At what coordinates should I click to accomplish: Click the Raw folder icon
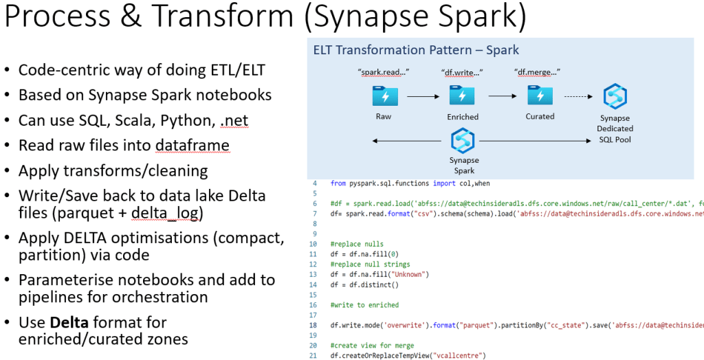(x=384, y=95)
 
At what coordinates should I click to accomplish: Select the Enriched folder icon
(x=462, y=95)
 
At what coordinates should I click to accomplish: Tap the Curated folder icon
(x=540, y=95)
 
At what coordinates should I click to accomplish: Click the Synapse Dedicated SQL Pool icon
(x=615, y=96)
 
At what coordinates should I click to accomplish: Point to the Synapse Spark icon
(x=464, y=142)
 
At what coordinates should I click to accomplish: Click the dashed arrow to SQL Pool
(x=579, y=97)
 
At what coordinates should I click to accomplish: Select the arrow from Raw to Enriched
(x=422, y=97)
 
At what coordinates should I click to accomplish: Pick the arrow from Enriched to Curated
(x=502, y=97)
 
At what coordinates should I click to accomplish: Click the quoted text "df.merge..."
(x=537, y=72)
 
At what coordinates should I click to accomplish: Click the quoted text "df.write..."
(x=461, y=72)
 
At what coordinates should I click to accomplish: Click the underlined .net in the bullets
(x=234, y=121)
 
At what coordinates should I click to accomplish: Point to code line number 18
(x=315, y=325)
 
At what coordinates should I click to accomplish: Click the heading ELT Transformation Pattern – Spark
(x=416, y=50)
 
